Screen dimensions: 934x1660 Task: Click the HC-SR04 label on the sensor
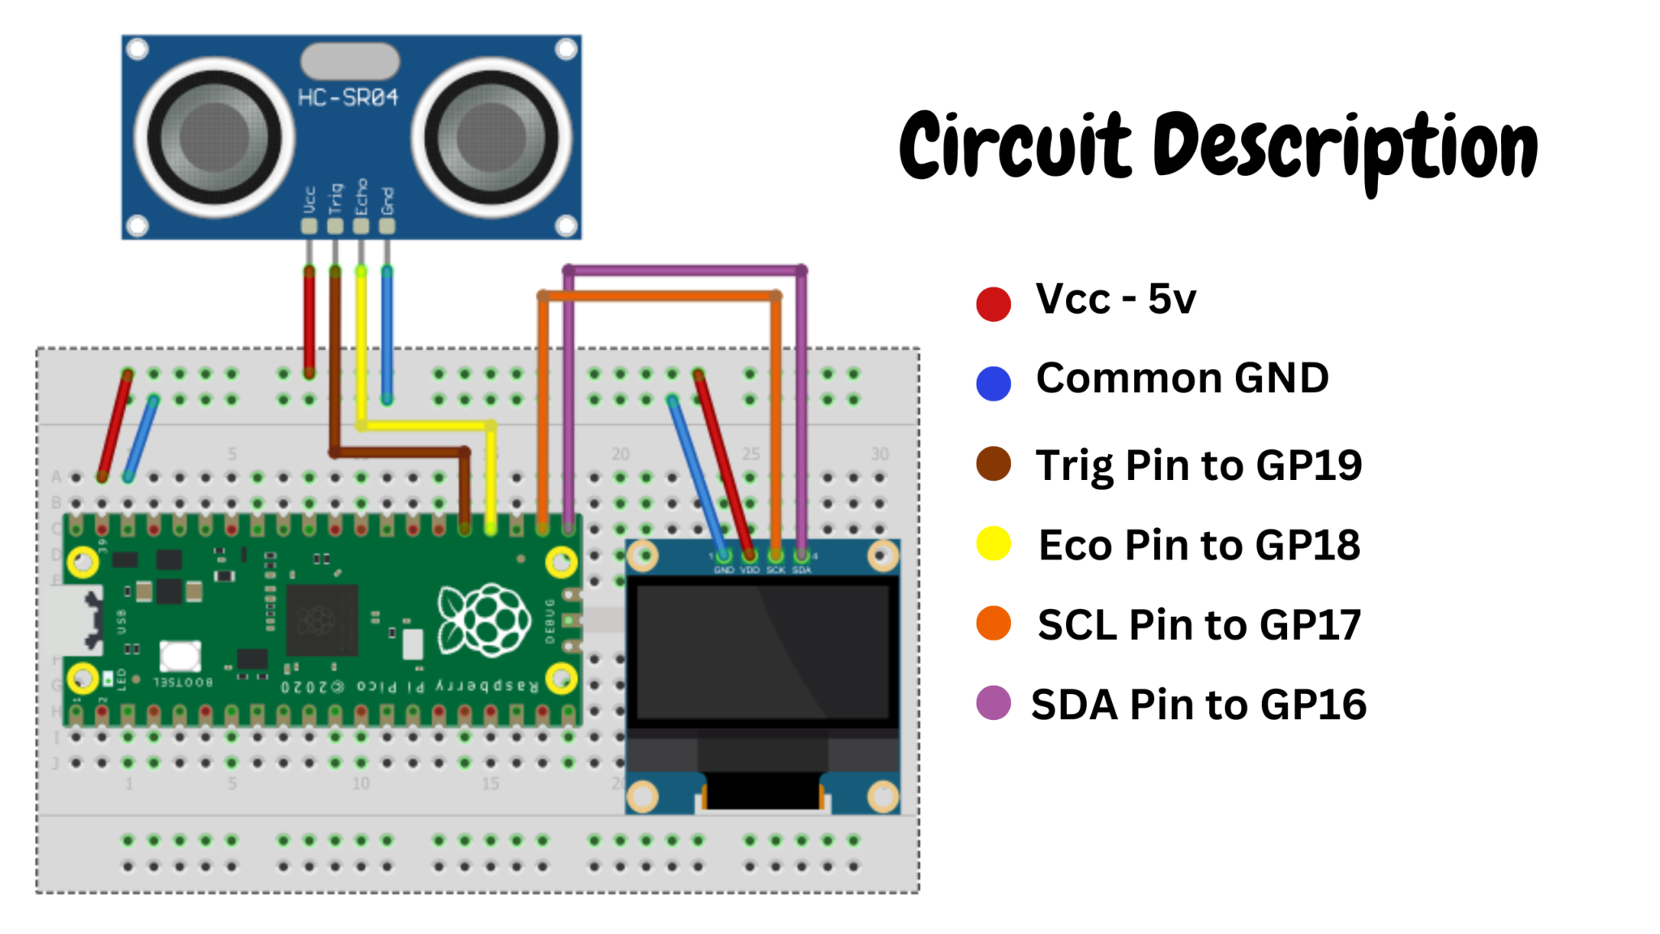tap(348, 98)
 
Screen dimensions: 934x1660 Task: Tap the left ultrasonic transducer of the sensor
tap(214, 136)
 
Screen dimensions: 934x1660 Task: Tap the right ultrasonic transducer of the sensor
tap(492, 136)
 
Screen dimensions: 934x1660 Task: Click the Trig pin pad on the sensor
tap(335, 226)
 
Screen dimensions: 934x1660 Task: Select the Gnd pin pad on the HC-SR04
tap(387, 226)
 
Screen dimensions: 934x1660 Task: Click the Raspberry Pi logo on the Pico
tap(484, 620)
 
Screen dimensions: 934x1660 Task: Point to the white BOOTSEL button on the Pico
tap(180, 654)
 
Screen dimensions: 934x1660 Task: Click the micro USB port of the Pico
tap(77, 620)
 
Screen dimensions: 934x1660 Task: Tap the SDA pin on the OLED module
tap(801, 556)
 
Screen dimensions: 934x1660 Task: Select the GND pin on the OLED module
tap(723, 556)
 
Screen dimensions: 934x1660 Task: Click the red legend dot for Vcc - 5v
tap(993, 304)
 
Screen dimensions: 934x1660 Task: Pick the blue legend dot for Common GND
tap(993, 383)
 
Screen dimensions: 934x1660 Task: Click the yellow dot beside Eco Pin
tap(993, 543)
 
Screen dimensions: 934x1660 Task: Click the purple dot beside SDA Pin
tap(993, 703)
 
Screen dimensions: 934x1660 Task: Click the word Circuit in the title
tap(1014, 146)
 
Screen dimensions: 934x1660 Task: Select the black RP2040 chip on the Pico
tap(322, 620)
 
